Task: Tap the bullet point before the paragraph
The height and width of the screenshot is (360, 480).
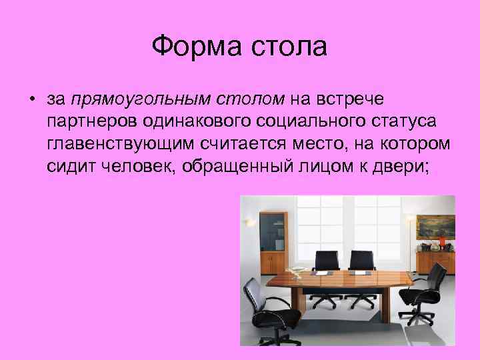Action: click(x=31, y=101)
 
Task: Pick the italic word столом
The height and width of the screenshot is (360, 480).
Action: click(x=249, y=100)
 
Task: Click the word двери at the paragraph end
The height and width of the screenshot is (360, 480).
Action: click(x=406, y=166)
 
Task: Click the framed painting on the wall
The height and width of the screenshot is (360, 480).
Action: click(x=435, y=226)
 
